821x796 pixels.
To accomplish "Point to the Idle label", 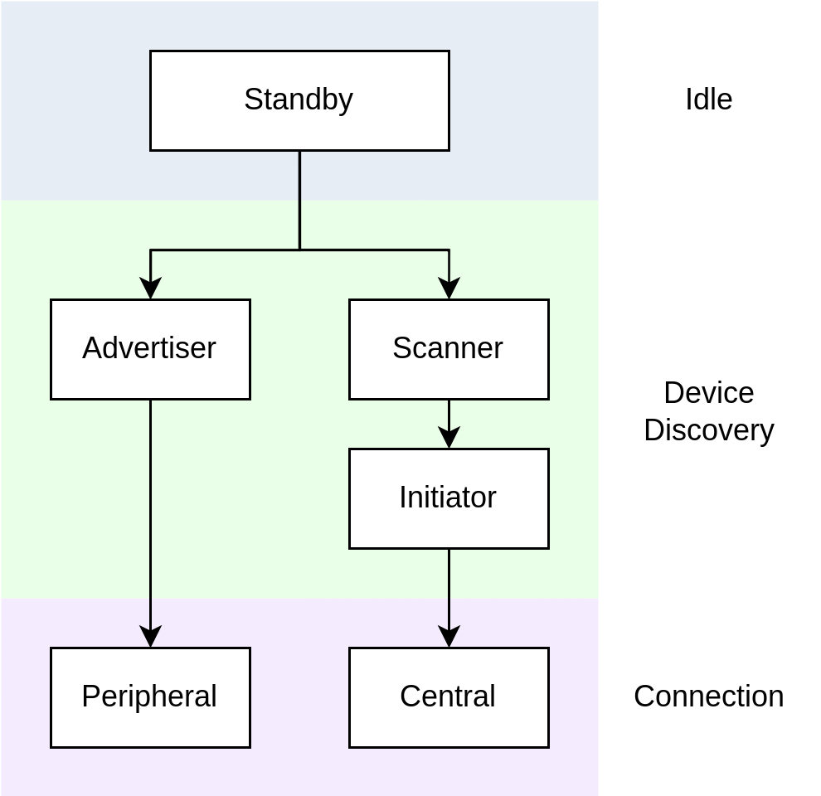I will (x=708, y=99).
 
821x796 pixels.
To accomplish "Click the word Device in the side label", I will (x=708, y=393).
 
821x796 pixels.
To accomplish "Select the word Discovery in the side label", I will (x=708, y=430).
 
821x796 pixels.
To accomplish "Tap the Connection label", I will (x=708, y=696).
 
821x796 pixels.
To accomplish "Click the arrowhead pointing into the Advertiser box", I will (x=150, y=289).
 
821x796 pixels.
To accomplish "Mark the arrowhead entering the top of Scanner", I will (x=449, y=289).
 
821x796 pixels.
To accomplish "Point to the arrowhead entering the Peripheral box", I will (x=150, y=637).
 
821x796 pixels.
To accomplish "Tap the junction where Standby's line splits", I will (x=299, y=250).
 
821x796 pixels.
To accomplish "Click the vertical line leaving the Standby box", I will (x=299, y=199).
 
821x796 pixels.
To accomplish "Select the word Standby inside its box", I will (x=299, y=99).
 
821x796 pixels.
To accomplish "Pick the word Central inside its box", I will (x=448, y=696).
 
